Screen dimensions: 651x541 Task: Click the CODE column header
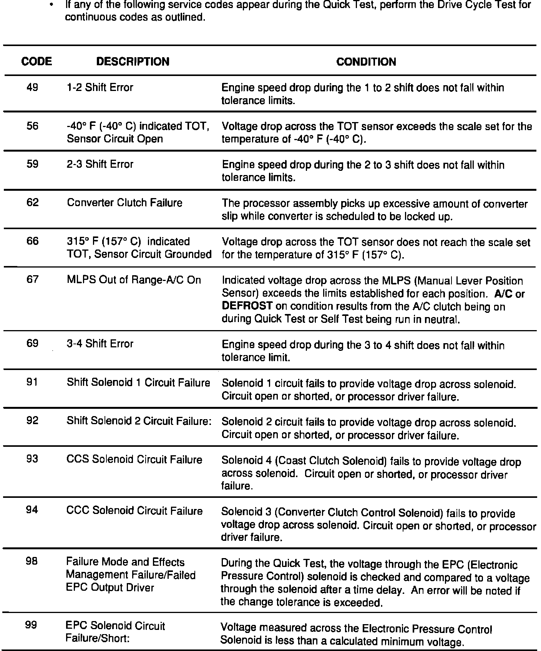click(37, 61)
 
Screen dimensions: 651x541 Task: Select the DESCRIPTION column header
click(133, 61)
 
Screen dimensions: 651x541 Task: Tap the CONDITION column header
click(366, 62)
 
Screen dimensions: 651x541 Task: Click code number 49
click(33, 88)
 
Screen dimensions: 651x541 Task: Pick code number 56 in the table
click(33, 126)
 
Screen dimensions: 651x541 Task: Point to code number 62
click(33, 203)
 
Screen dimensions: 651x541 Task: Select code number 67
click(33, 279)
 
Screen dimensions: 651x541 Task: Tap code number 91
click(33, 382)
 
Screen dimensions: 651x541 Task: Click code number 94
click(33, 510)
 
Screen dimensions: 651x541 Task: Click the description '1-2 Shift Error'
click(100, 88)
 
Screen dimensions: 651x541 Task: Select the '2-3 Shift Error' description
click(100, 164)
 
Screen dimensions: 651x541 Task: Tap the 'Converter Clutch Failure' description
click(124, 203)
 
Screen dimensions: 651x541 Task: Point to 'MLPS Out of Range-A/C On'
click(134, 280)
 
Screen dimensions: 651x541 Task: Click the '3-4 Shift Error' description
click(100, 344)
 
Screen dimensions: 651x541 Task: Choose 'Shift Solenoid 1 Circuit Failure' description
click(138, 383)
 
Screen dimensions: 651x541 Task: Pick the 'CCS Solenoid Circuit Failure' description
click(134, 459)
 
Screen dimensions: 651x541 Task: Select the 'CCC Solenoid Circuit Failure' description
click(134, 511)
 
